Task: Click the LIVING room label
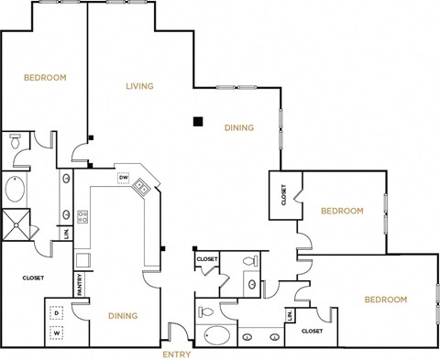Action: [139, 87]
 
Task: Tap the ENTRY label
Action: [176, 354]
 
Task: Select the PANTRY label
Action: [80, 286]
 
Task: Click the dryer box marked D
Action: [56, 313]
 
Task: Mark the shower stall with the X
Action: [16, 224]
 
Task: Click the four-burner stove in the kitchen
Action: [82, 217]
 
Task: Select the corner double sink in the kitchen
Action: [142, 188]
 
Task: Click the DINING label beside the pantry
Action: [122, 316]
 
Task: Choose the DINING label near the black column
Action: [238, 128]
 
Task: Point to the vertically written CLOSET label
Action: [283, 195]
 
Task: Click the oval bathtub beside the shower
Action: [16, 191]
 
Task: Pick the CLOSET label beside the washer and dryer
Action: [34, 276]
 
